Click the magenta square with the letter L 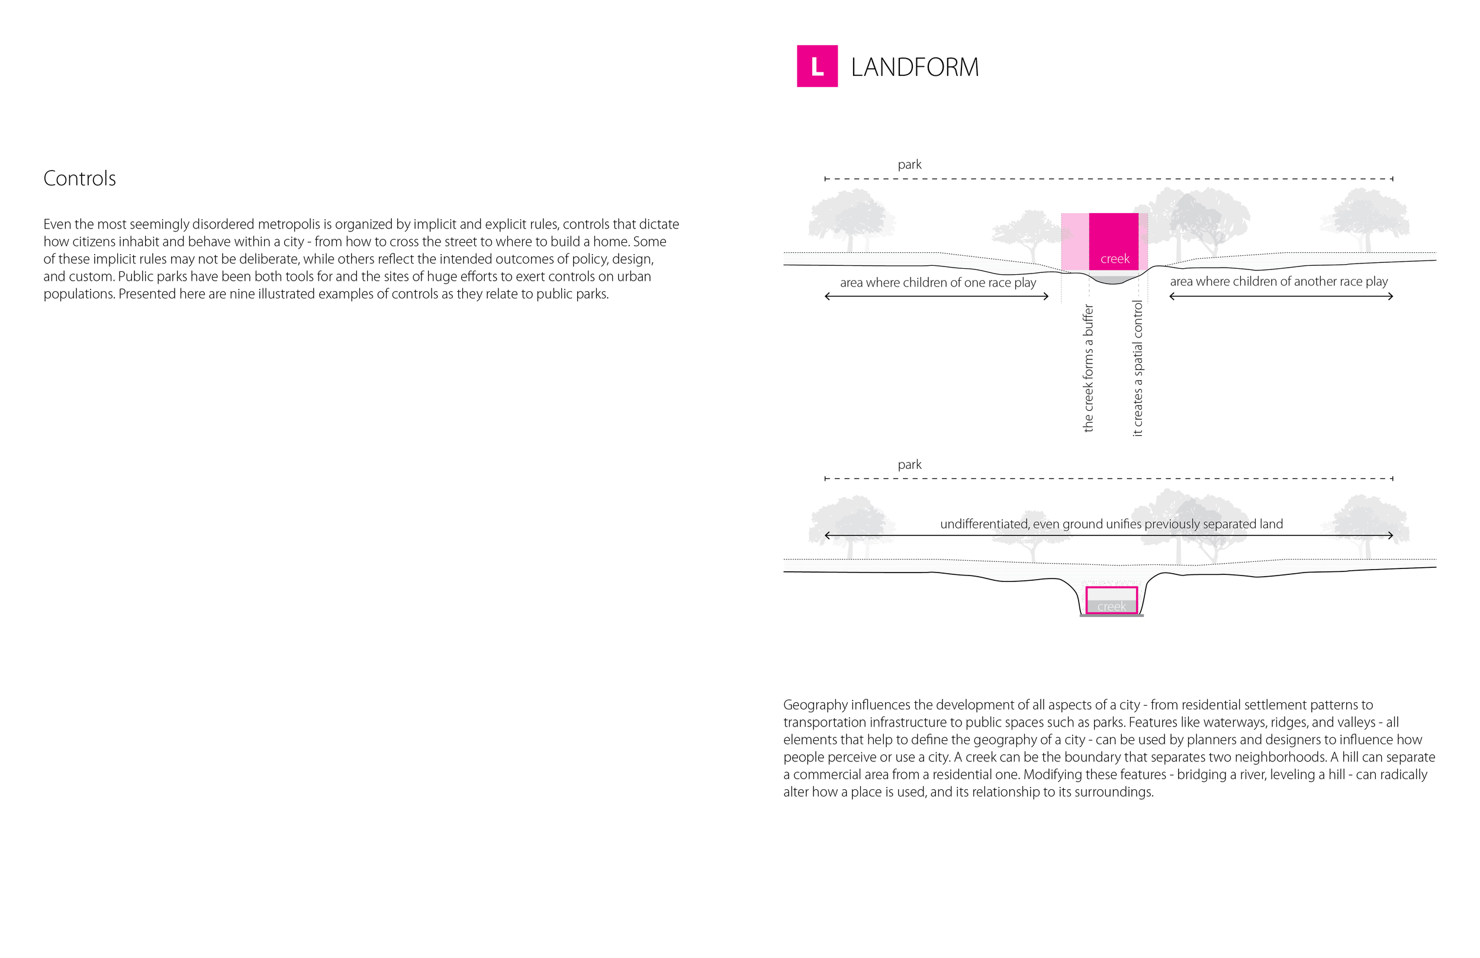pyautogui.click(x=816, y=66)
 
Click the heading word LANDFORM pyautogui.click(x=914, y=67)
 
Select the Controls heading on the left pyautogui.click(x=79, y=179)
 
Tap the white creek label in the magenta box pyautogui.click(x=1114, y=259)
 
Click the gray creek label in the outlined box pyautogui.click(x=1111, y=606)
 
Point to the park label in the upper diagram pyautogui.click(x=909, y=165)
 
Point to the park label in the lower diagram pyautogui.click(x=909, y=465)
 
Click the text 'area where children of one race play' pyautogui.click(x=937, y=282)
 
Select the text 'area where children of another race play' pyautogui.click(x=1278, y=281)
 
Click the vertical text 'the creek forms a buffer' pyautogui.click(x=1088, y=368)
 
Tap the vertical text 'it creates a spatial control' pyautogui.click(x=1137, y=368)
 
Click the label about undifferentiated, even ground pyautogui.click(x=1111, y=524)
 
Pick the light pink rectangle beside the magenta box pyautogui.click(x=1074, y=242)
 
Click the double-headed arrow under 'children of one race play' pyautogui.click(x=937, y=297)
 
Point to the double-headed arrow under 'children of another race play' pyautogui.click(x=1280, y=297)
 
